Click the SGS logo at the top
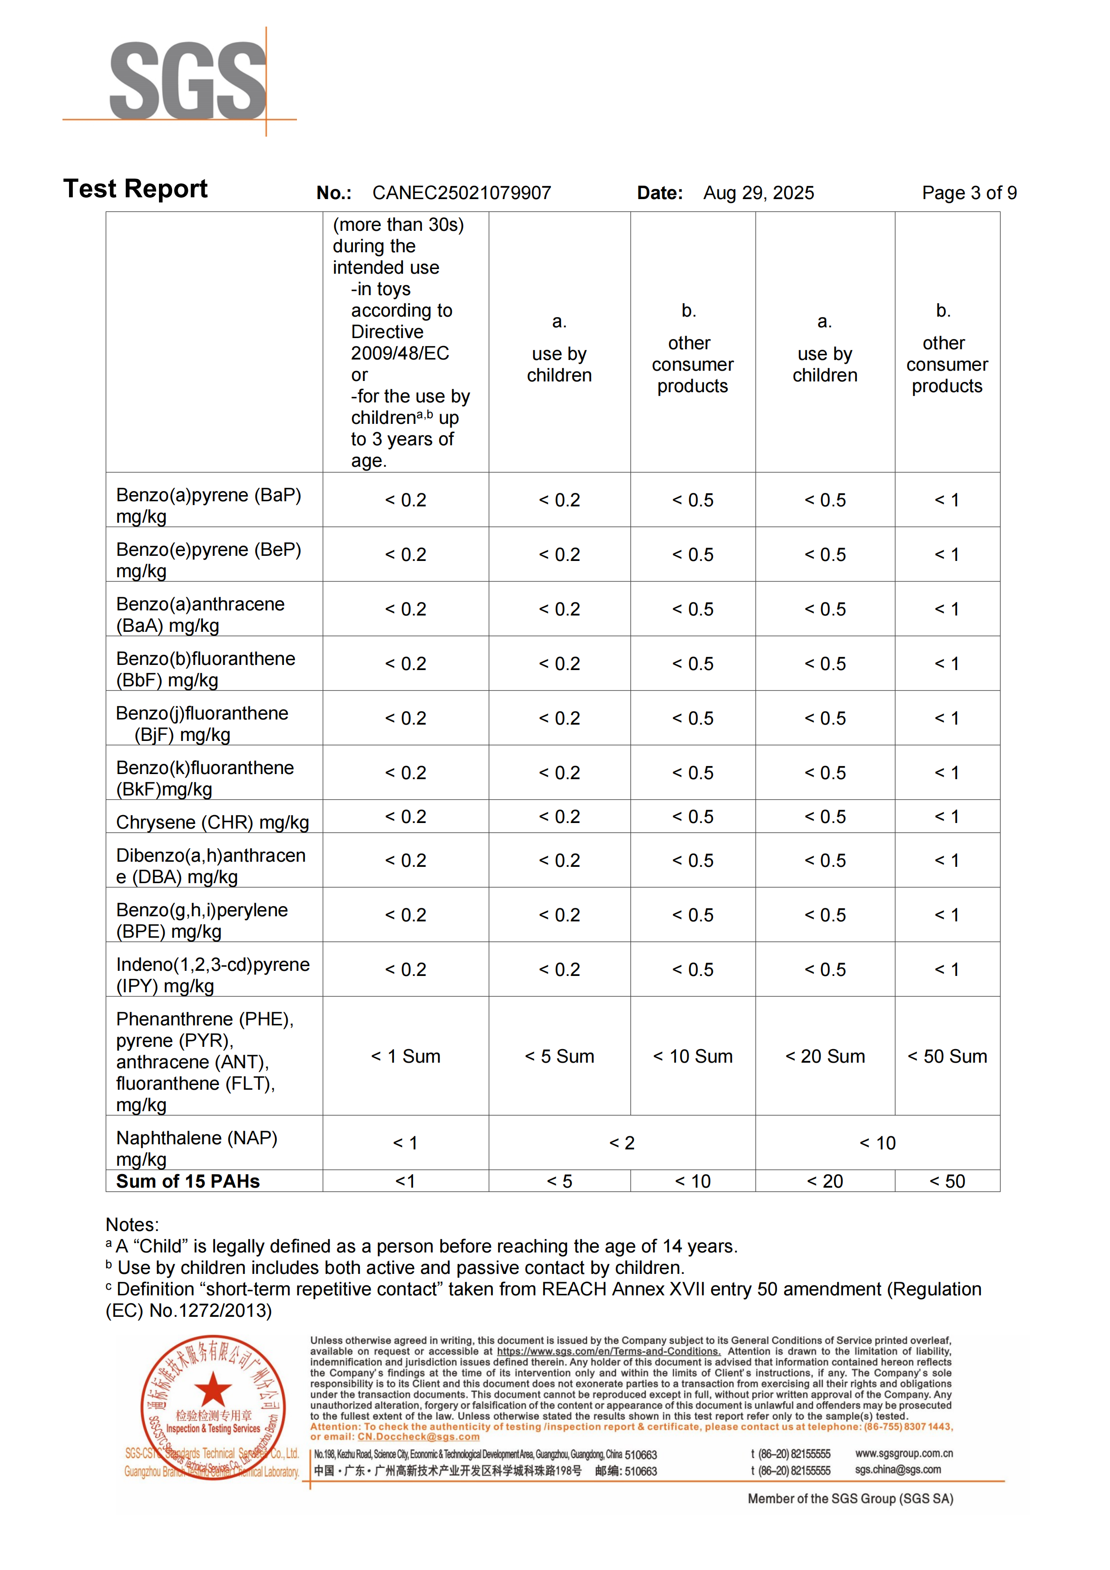click(x=187, y=80)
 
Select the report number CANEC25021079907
click(x=462, y=193)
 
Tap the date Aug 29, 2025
click(x=758, y=193)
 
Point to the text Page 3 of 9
click(x=969, y=193)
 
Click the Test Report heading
click(x=135, y=189)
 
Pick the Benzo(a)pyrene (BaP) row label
click(x=208, y=505)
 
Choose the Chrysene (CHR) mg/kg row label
click(x=213, y=822)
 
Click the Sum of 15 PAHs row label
click(x=188, y=1181)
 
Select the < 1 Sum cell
click(x=405, y=1057)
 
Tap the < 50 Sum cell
click(x=947, y=1057)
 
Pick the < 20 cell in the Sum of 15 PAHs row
click(x=825, y=1181)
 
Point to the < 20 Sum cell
click(x=825, y=1057)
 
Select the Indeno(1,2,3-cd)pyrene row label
click(x=213, y=975)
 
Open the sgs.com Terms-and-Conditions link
click(x=608, y=1351)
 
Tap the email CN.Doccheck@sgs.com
click(x=418, y=1437)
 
